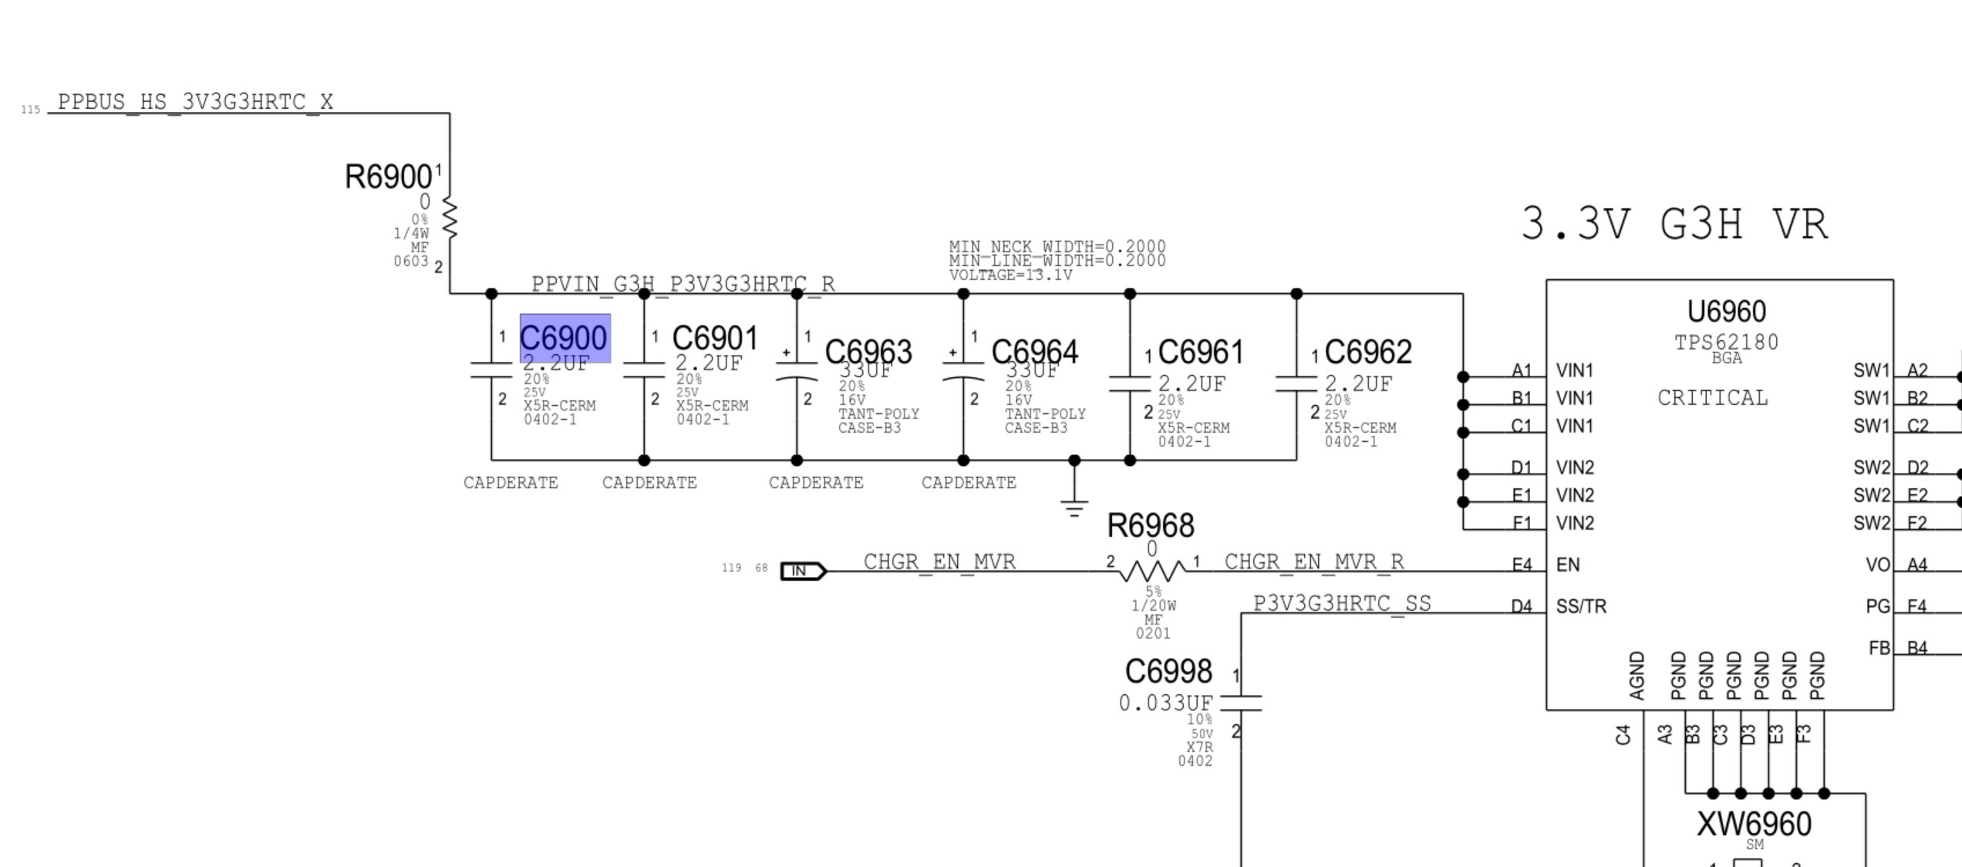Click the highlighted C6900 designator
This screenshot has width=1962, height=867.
click(565, 338)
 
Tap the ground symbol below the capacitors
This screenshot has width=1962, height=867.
click(1074, 508)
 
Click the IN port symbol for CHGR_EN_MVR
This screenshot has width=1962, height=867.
click(803, 571)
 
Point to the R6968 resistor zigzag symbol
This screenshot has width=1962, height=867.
click(1152, 572)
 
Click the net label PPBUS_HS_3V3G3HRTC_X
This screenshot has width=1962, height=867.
click(195, 102)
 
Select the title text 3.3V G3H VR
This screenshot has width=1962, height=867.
click(1674, 225)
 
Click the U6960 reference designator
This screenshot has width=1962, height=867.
click(1726, 312)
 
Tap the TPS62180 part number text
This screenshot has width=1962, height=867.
click(1726, 342)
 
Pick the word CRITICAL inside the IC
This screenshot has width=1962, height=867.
click(1712, 398)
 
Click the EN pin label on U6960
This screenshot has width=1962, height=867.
click(1568, 565)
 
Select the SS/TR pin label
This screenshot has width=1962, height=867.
click(1581, 606)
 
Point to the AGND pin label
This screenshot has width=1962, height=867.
click(1637, 676)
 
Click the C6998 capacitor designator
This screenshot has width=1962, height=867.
click(1168, 671)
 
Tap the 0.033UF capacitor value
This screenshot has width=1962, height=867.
click(1165, 703)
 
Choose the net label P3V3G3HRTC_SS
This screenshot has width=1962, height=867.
click(1342, 603)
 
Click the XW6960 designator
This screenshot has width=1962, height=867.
click(1754, 824)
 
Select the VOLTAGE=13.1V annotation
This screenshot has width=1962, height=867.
click(1010, 275)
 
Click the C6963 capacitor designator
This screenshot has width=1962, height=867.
click(868, 352)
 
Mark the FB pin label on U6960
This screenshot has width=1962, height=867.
click(1879, 648)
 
